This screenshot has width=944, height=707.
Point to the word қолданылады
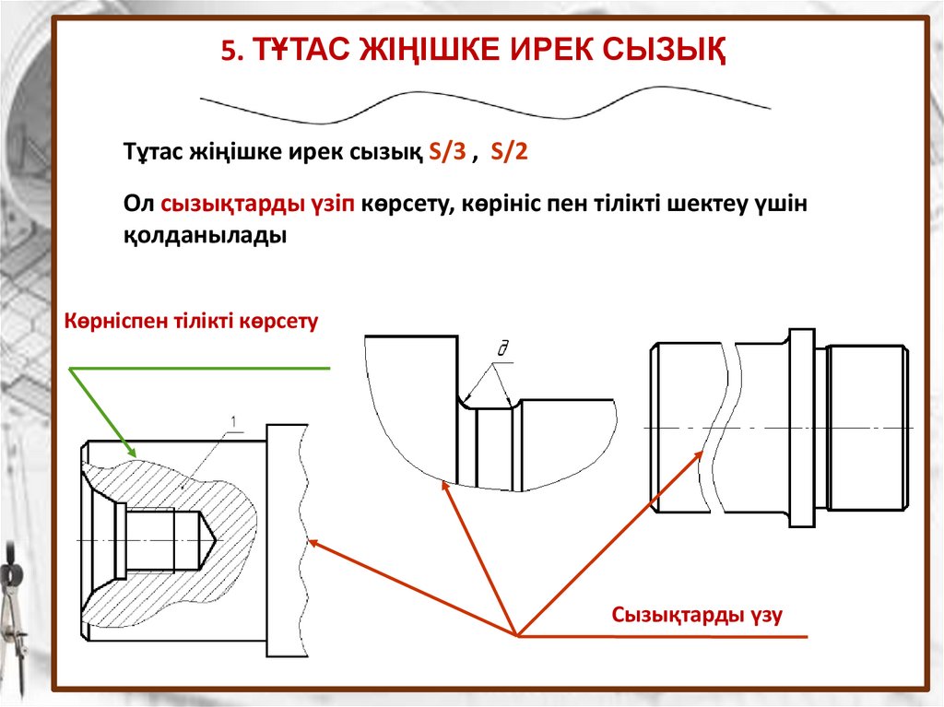coord(206,235)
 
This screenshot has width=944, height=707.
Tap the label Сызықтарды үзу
coord(697,615)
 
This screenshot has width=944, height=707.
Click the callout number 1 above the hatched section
coord(234,423)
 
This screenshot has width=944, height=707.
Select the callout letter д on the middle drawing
coord(503,348)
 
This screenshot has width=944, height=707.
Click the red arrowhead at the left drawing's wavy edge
coord(313,542)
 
